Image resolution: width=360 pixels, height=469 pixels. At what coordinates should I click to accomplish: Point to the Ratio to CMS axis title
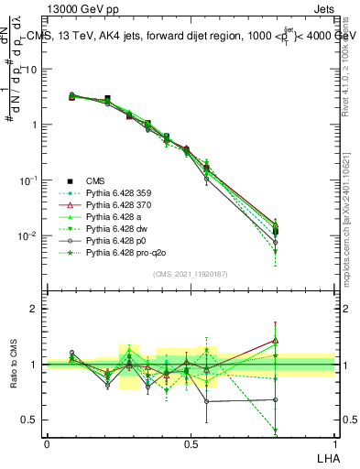13,365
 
